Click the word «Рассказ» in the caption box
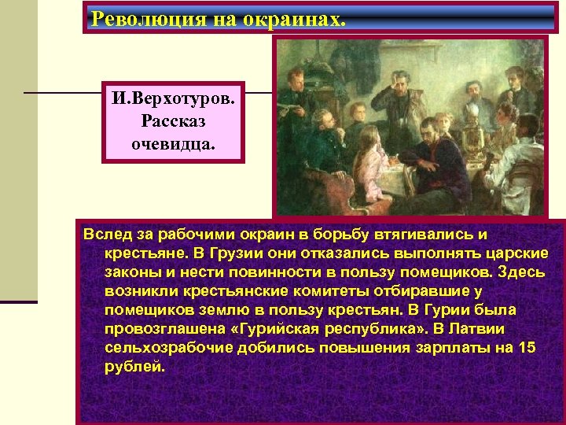(176, 121)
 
